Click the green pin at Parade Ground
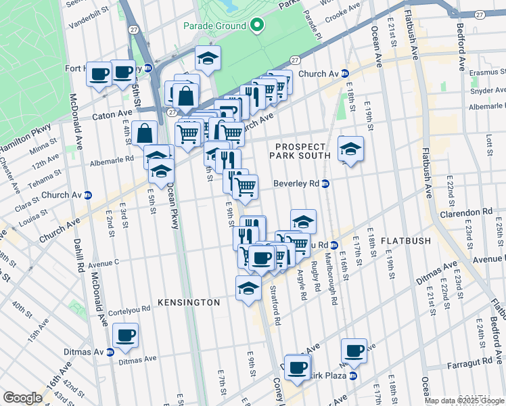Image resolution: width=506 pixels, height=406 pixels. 257,26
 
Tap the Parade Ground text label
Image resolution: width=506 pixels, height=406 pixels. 214,26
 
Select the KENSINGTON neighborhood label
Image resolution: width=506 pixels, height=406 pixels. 189,302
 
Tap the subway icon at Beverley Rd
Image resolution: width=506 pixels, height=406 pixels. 325,183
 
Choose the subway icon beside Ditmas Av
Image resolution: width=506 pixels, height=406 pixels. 110,352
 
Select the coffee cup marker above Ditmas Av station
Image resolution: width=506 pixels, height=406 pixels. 125,334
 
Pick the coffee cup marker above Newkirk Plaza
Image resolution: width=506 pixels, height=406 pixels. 354,351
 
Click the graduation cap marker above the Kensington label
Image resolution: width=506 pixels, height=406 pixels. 249,288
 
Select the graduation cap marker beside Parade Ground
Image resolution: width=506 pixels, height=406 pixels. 208,58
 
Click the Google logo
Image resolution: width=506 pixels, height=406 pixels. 22,398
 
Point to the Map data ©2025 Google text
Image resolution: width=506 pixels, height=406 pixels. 464,401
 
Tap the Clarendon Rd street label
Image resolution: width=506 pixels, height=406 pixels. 469,212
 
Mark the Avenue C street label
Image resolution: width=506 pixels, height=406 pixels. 103,263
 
